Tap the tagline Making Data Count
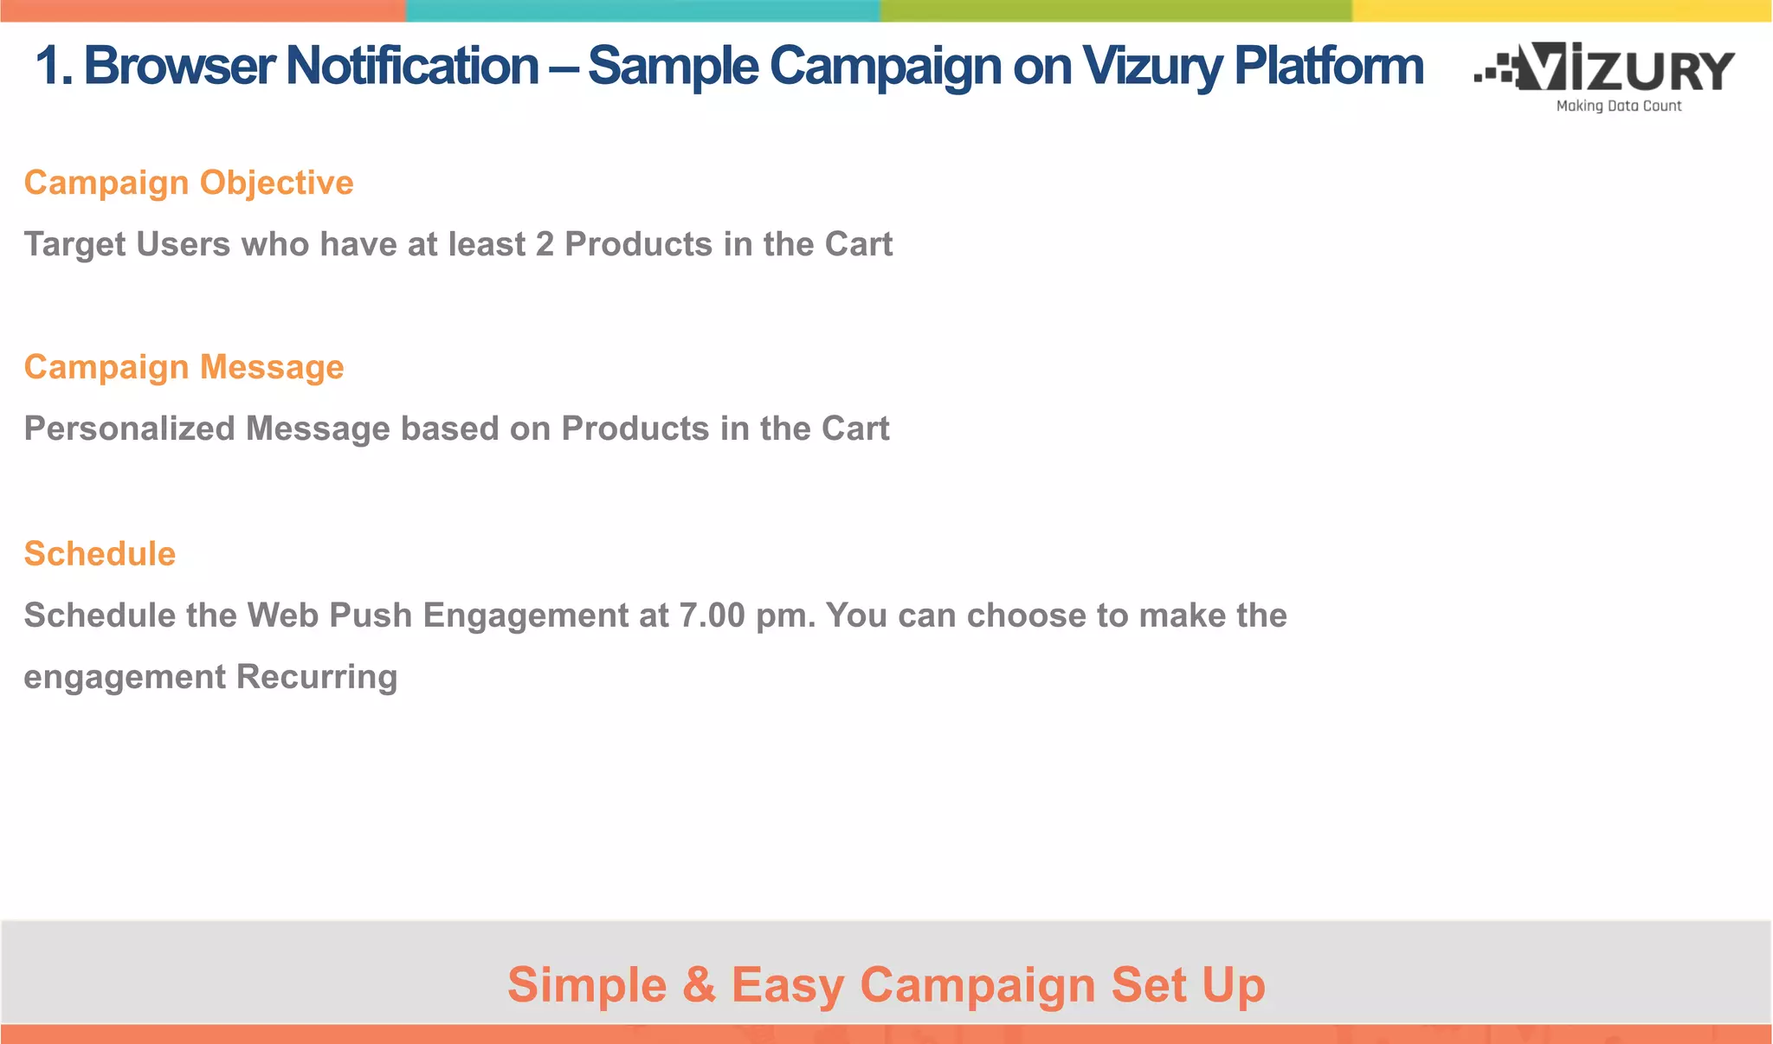point(1618,106)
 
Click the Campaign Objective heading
point(189,183)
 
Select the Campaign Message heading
point(184,367)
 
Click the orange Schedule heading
point(100,554)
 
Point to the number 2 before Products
point(545,245)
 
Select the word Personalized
point(129,429)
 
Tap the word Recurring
point(317,677)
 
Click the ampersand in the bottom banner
point(699,985)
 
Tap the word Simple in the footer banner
point(587,985)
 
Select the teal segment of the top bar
point(642,10)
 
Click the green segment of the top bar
point(1116,10)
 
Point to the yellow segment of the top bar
point(1562,10)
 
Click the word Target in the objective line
point(74,245)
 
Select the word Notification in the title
point(412,66)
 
